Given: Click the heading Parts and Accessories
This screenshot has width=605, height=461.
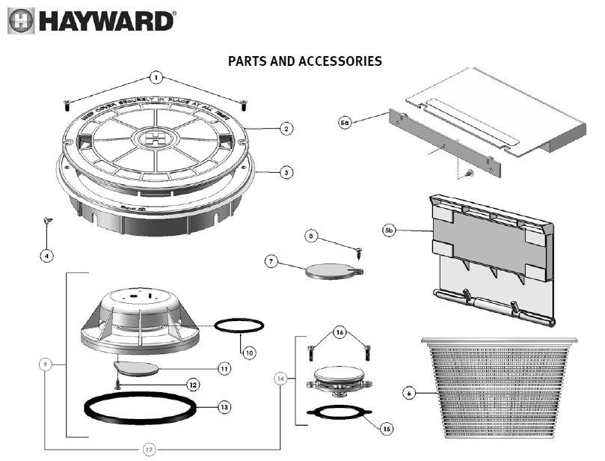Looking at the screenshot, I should click(305, 61).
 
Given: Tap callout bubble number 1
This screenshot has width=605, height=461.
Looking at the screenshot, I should click(156, 76).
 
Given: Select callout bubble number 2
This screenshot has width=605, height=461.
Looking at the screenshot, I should click(286, 129).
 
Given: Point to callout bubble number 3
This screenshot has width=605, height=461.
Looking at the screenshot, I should click(286, 172).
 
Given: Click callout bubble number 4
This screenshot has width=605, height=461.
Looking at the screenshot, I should click(46, 256).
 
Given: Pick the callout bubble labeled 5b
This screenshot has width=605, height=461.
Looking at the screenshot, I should click(389, 230).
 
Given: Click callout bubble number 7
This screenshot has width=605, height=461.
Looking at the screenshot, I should click(271, 261).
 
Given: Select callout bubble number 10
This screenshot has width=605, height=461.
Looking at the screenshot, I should click(249, 352).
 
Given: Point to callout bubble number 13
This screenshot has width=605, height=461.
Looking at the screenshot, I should click(224, 408).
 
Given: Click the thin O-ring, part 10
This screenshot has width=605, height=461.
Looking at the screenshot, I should click(239, 326).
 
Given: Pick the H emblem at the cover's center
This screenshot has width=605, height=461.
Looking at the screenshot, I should click(156, 138).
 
